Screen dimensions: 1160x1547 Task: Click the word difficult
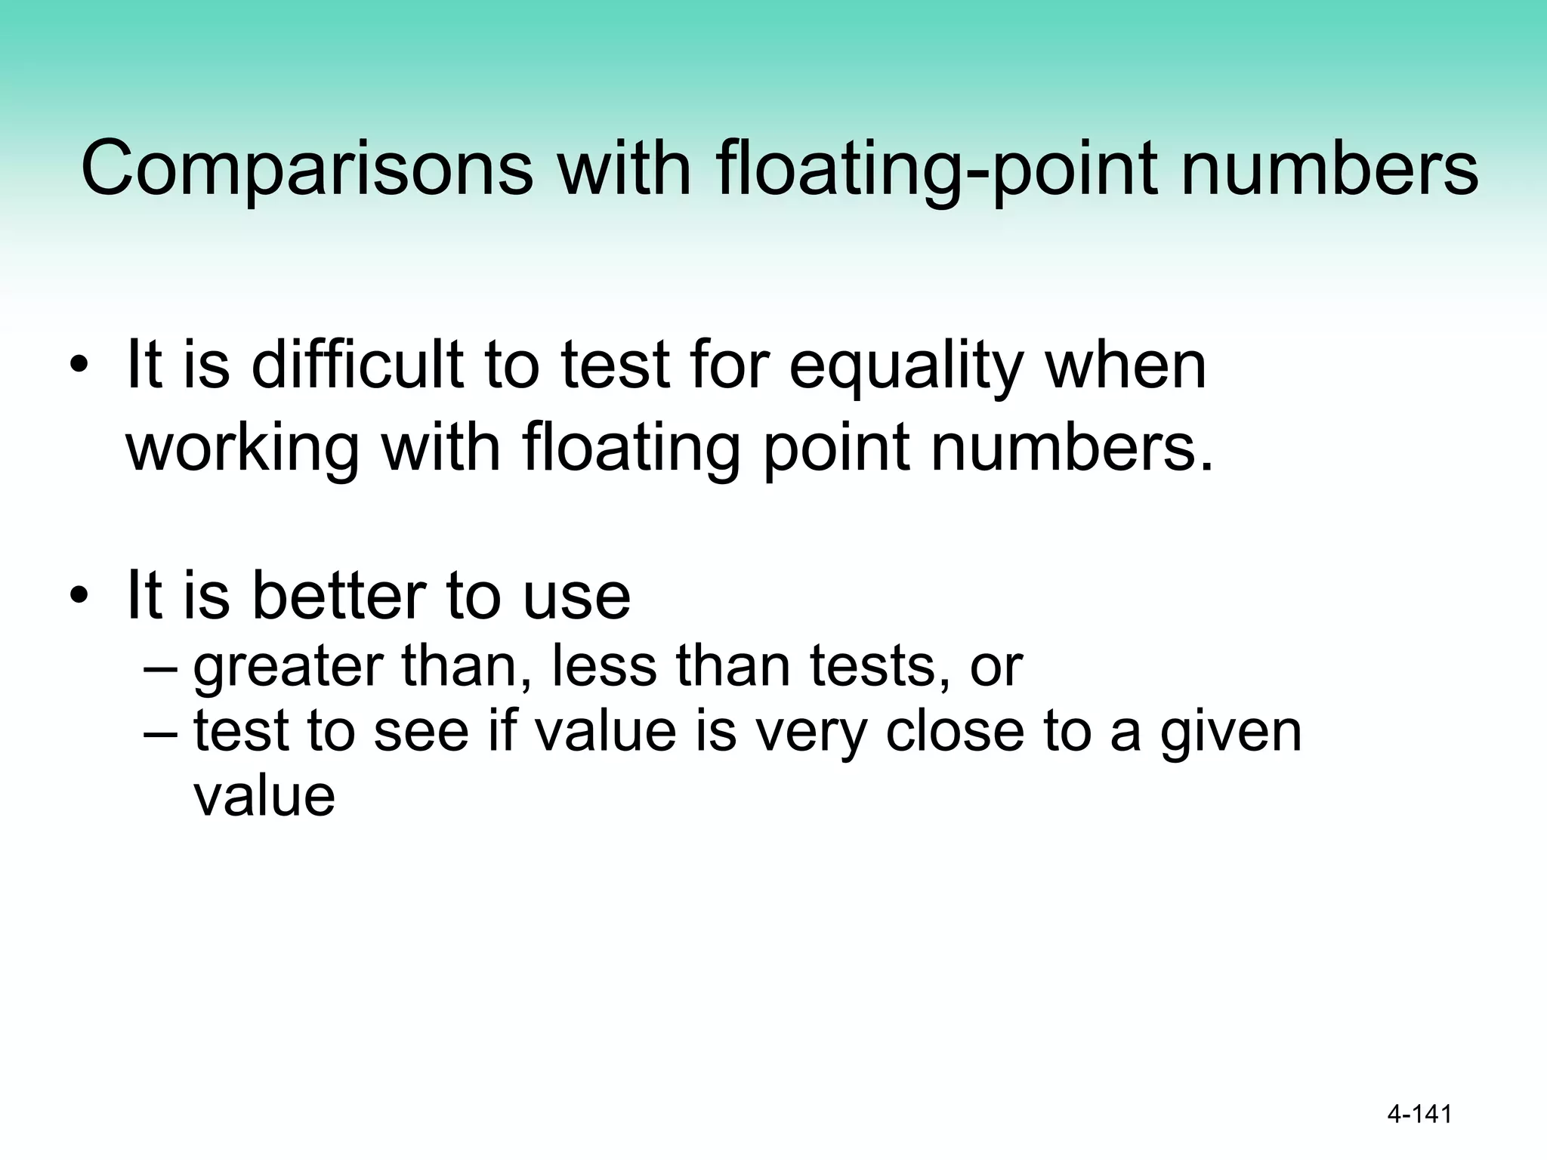click(x=356, y=366)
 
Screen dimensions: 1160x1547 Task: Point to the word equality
click(x=906, y=366)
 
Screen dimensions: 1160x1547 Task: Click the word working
click(x=242, y=449)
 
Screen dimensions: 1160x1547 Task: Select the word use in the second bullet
click(x=576, y=596)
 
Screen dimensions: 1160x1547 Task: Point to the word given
click(x=1230, y=733)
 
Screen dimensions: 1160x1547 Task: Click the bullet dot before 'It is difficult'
click(x=79, y=367)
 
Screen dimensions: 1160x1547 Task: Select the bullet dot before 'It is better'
click(x=79, y=597)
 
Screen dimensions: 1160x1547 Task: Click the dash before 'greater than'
click(x=161, y=668)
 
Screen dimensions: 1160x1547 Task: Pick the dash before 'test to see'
click(x=161, y=733)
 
